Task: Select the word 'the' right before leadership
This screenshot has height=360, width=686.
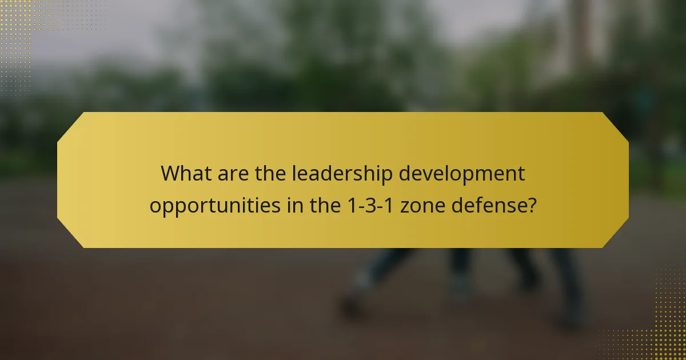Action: click(271, 173)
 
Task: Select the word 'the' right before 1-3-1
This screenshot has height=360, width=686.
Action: click(326, 205)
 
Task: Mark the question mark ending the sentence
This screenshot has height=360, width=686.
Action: click(532, 205)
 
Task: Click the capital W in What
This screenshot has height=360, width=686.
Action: click(170, 173)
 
